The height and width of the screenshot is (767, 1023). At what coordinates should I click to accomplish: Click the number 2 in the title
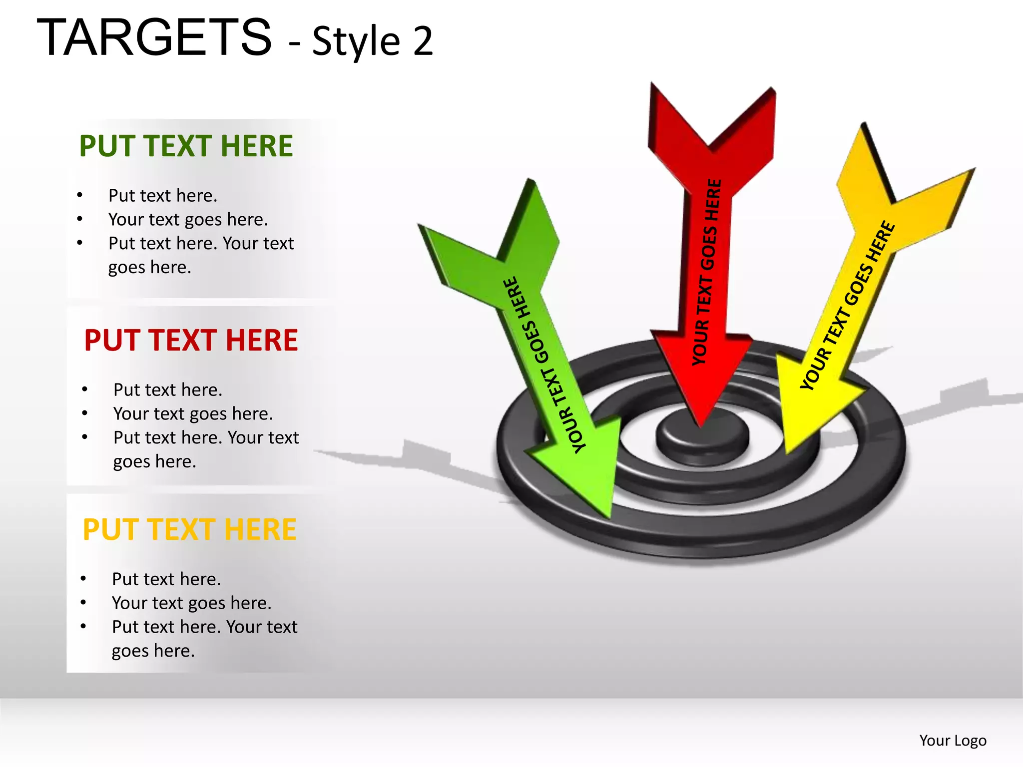tap(423, 41)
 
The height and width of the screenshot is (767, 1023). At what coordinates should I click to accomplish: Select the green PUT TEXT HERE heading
tap(186, 146)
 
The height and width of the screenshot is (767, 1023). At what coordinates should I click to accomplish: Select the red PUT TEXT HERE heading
tap(191, 340)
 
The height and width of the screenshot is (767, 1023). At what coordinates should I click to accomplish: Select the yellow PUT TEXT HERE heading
tap(189, 529)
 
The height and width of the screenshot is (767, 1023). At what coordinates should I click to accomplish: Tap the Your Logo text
tap(953, 740)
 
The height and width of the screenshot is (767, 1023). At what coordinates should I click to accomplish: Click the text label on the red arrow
tap(707, 272)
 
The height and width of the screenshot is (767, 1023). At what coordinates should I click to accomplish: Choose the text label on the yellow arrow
tap(848, 305)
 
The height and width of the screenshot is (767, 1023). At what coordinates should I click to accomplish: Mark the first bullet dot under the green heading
tap(80, 195)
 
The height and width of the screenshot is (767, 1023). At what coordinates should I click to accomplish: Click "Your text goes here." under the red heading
tap(193, 413)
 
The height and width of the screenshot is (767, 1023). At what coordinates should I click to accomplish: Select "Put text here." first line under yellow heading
tap(166, 579)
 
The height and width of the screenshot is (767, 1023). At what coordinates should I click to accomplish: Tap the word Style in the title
tap(356, 41)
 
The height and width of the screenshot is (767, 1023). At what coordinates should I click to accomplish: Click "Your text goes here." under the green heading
tap(188, 219)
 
